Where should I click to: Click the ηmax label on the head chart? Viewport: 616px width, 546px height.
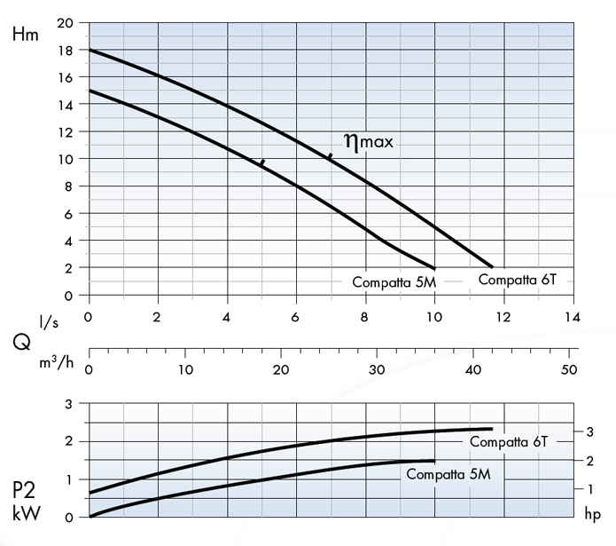pyautogui.click(x=366, y=141)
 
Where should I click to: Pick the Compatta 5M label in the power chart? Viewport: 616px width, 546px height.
pyautogui.click(x=448, y=475)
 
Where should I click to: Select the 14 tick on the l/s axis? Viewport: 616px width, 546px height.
pyautogui.click(x=573, y=316)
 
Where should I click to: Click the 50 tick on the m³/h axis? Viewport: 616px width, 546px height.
pyautogui.click(x=571, y=368)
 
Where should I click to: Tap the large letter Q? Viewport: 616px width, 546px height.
pyautogui.click(x=20, y=342)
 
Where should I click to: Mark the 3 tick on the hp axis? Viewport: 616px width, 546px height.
pyautogui.click(x=589, y=431)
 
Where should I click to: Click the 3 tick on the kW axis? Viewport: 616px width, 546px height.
pyautogui.click(x=69, y=404)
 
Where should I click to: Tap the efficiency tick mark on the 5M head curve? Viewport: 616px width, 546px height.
pyautogui.click(x=261, y=162)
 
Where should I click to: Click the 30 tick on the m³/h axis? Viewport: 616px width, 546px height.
pyautogui.click(x=378, y=368)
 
